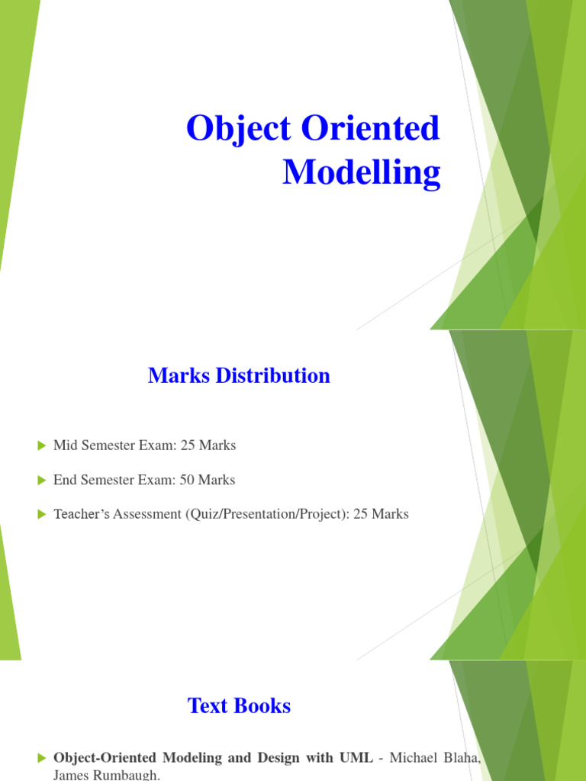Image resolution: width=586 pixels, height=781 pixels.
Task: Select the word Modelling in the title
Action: point(361,172)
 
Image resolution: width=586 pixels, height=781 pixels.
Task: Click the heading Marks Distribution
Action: point(239,375)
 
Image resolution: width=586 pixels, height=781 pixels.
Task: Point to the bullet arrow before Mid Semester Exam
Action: point(42,445)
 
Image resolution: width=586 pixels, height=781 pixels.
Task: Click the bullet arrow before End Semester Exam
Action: point(42,480)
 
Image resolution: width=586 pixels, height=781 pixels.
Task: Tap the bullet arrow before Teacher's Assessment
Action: point(42,515)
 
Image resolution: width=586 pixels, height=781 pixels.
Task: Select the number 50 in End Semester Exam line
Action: point(187,480)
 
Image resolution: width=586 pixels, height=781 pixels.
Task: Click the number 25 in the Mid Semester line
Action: point(187,445)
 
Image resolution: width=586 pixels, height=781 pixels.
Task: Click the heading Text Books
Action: point(239,705)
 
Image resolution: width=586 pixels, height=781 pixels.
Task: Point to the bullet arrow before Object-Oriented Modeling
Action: point(42,758)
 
